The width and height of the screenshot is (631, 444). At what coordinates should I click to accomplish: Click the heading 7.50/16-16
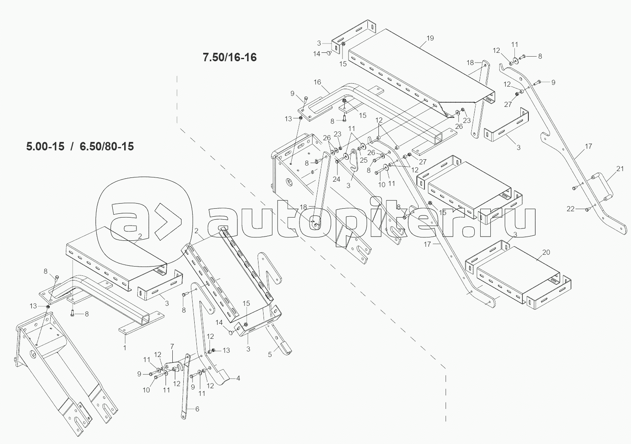pyautogui.click(x=229, y=57)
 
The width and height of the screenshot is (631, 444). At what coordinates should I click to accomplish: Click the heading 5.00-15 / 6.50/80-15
pyautogui.click(x=80, y=147)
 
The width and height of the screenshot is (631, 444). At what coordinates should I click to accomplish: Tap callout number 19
pyautogui.click(x=430, y=38)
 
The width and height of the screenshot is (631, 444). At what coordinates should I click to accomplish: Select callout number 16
pyautogui.click(x=317, y=82)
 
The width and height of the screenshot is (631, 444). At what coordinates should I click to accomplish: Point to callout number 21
pyautogui.click(x=620, y=169)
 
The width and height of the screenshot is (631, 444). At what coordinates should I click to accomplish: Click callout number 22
pyautogui.click(x=571, y=209)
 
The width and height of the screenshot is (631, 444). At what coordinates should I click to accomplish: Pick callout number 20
pyautogui.click(x=546, y=252)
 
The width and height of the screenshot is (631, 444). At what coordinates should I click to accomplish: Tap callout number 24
pyautogui.click(x=336, y=179)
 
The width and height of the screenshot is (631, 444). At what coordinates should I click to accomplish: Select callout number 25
pyautogui.click(x=363, y=160)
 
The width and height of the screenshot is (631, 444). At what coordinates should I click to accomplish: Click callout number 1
pyautogui.click(x=125, y=347)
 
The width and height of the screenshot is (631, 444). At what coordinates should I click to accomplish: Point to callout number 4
pyautogui.click(x=238, y=378)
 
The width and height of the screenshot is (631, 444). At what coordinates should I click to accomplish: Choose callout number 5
pyautogui.click(x=270, y=355)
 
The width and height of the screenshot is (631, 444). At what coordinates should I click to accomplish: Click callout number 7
pyautogui.click(x=172, y=346)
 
